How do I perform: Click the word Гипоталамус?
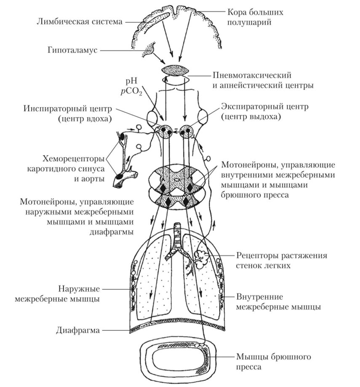[72, 50]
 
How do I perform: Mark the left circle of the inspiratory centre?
[164, 130]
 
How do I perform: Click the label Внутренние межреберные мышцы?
[278, 301]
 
